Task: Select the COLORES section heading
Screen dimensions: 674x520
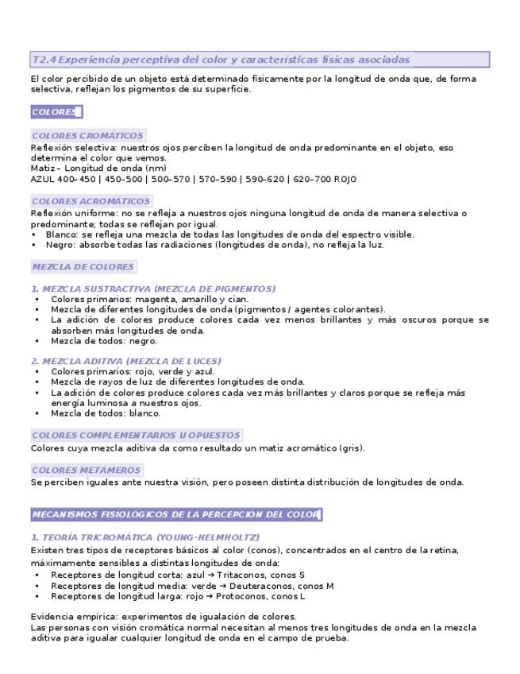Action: (55, 111)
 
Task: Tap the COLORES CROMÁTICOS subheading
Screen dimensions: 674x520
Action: (87, 136)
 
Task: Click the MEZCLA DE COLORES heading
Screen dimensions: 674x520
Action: (83, 266)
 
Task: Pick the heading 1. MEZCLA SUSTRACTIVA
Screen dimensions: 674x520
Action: (153, 289)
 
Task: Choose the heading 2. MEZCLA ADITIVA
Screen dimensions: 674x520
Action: (125, 361)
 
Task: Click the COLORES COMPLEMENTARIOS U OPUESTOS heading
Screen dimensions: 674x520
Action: (136, 436)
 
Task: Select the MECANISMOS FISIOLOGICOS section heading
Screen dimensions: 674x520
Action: (175, 514)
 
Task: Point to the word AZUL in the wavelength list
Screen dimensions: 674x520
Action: (42, 179)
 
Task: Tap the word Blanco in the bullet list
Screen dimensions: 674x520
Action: (60, 234)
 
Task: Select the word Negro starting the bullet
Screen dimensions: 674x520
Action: (59, 245)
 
